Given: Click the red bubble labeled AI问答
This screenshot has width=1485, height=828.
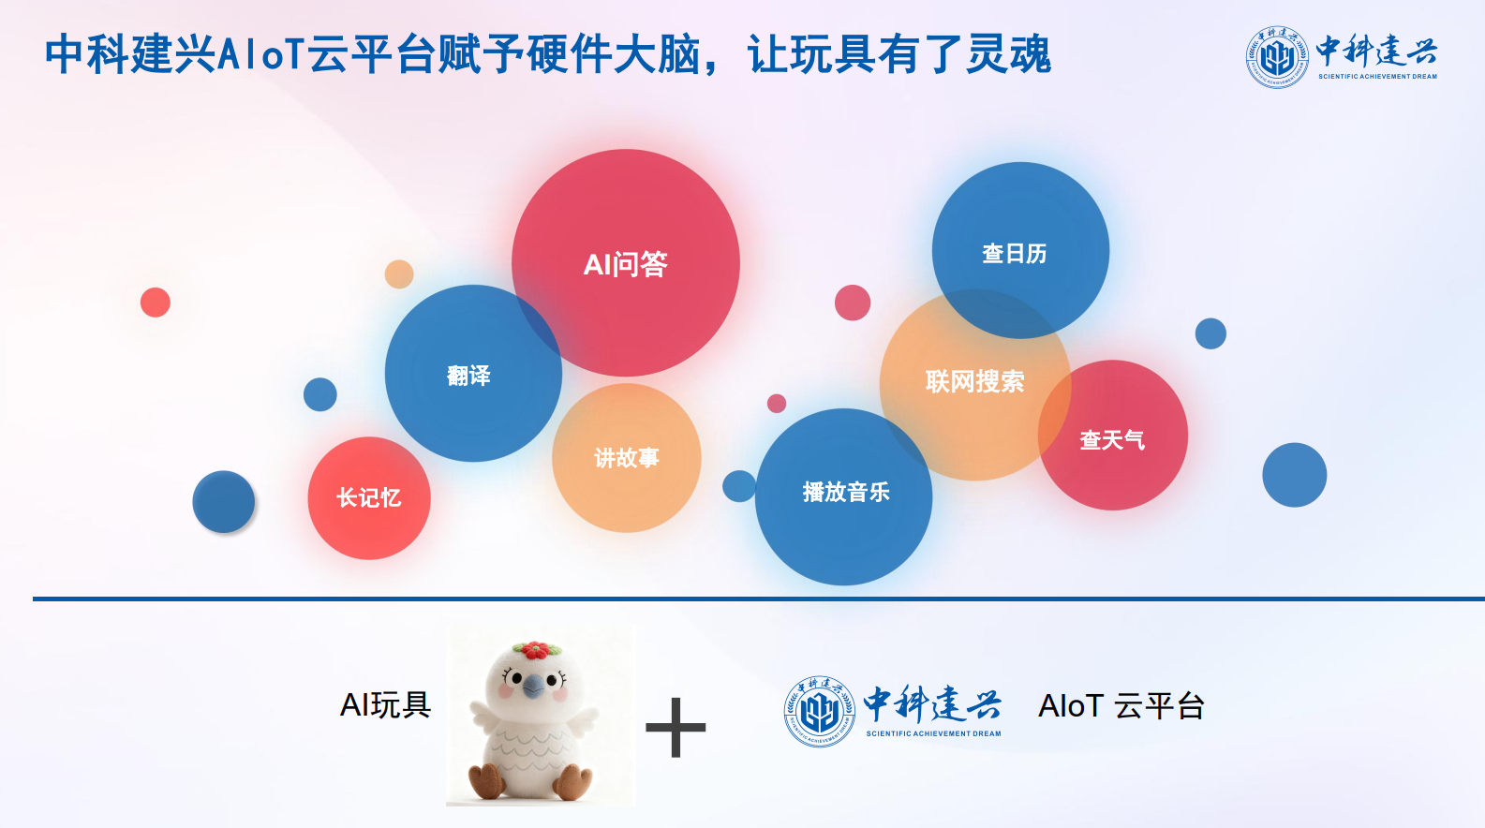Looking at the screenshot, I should coord(625,264).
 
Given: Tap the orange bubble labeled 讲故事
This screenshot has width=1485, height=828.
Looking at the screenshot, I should coord(626,458).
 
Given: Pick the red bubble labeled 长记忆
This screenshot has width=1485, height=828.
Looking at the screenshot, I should coord(368,497).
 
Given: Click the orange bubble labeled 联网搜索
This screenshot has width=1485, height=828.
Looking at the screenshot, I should coord(974,382).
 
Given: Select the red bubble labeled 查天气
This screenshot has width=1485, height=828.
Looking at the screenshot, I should coord(1113,438).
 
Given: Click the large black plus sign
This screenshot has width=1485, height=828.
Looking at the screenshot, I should coord(676,728).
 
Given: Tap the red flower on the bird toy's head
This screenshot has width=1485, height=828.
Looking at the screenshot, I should coord(535,649).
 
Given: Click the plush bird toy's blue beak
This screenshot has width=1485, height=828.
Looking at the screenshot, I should coord(533,687).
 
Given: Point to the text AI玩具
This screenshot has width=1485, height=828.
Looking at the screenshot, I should coord(385,704).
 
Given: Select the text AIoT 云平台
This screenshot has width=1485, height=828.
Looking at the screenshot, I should coord(1121,706).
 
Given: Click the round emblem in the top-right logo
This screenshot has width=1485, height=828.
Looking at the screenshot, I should coord(1276,57).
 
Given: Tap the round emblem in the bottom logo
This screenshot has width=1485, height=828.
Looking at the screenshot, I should coord(819,712).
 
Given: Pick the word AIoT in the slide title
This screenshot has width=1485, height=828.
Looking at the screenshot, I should coord(261,53).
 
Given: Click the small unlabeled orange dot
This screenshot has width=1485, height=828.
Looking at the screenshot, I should coord(399,274).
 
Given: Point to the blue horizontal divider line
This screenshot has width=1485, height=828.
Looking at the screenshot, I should coord(750,599).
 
